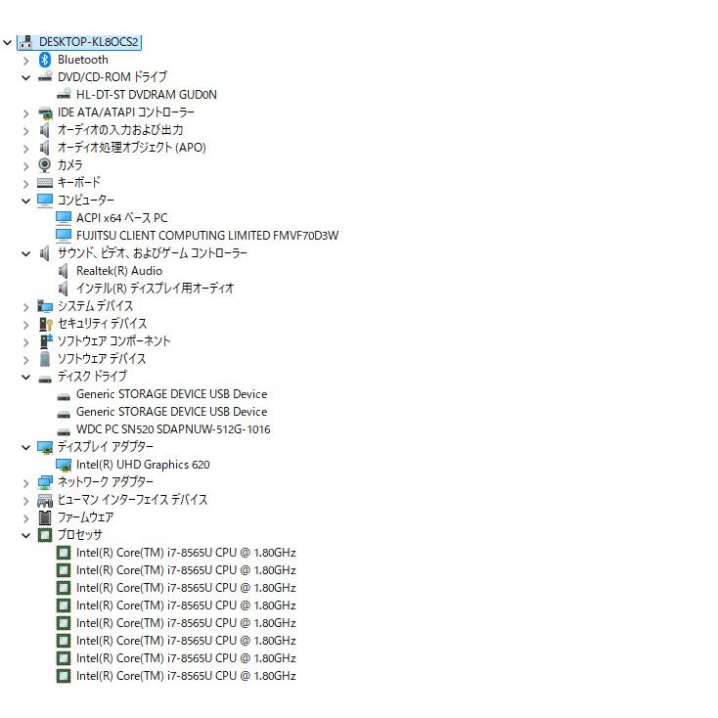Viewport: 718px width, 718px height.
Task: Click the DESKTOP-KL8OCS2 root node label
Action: tap(88, 42)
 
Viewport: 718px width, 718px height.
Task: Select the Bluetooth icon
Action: tap(44, 60)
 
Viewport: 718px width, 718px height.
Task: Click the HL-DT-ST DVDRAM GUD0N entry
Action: tap(146, 95)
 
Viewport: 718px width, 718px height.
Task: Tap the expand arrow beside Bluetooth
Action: tap(26, 61)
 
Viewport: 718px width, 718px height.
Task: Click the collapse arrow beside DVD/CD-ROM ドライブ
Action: tap(26, 77)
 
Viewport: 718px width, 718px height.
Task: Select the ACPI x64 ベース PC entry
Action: tap(122, 218)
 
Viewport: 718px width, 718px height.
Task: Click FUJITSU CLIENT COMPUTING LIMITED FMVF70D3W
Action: tap(207, 236)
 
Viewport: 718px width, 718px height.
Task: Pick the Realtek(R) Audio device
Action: tap(119, 271)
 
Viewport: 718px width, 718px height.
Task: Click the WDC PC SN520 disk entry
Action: tap(173, 429)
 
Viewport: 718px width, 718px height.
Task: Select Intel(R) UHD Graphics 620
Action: tap(143, 465)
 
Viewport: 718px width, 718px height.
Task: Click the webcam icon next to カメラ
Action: tap(44, 165)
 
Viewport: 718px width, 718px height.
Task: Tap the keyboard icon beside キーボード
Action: tap(45, 183)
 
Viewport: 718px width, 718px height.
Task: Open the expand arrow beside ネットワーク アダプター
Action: tap(26, 483)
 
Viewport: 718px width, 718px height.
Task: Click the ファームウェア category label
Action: tap(86, 517)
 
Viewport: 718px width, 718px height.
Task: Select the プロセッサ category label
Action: tap(79, 535)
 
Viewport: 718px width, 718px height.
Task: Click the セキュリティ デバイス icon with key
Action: tap(45, 324)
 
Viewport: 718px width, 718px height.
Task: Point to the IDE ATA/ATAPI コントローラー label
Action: tap(126, 112)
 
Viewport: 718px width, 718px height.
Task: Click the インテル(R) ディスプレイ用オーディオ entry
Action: tap(155, 289)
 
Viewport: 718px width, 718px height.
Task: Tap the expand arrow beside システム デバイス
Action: tap(26, 307)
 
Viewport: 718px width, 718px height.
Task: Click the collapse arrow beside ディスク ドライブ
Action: tap(26, 378)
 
